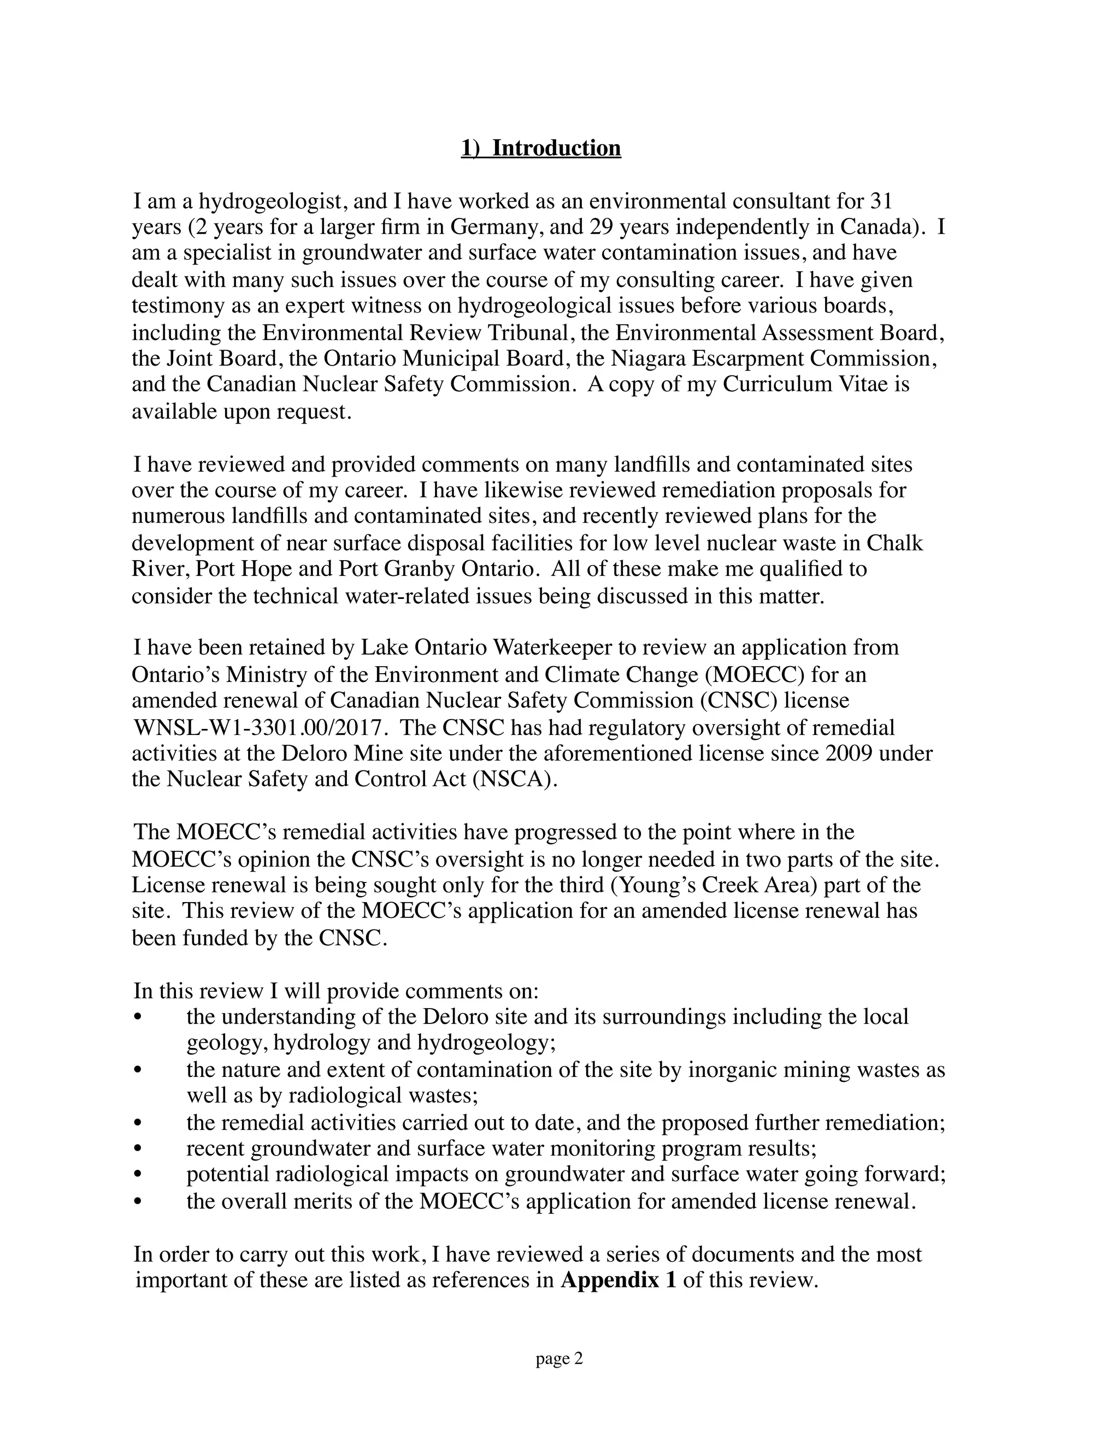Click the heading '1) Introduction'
[x=541, y=148]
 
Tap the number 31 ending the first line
[x=881, y=201]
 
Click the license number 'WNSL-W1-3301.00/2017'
[x=259, y=727]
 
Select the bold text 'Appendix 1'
[x=618, y=1280]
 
